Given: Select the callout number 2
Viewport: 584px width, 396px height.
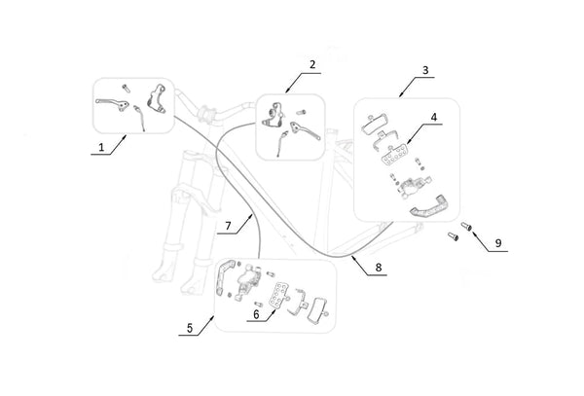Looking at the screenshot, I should point(312,65).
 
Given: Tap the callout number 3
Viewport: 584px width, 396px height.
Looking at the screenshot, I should point(426,71).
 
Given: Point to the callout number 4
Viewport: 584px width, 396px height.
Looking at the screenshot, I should point(434,118).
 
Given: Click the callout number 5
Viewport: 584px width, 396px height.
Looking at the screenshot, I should point(189,328).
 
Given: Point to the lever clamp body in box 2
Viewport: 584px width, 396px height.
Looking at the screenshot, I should point(272,116).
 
